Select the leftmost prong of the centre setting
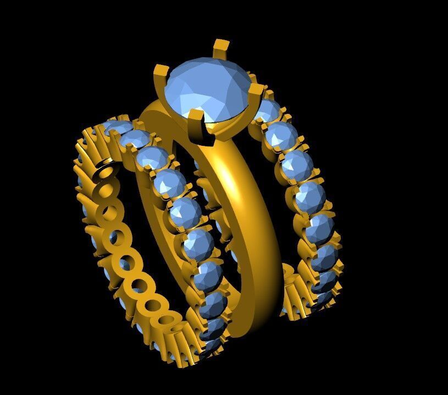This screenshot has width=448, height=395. (x=161, y=74)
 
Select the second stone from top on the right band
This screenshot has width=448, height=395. (x=281, y=135)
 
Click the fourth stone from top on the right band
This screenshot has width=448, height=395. (x=310, y=195)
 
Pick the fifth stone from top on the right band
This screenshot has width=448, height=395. (x=320, y=229)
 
